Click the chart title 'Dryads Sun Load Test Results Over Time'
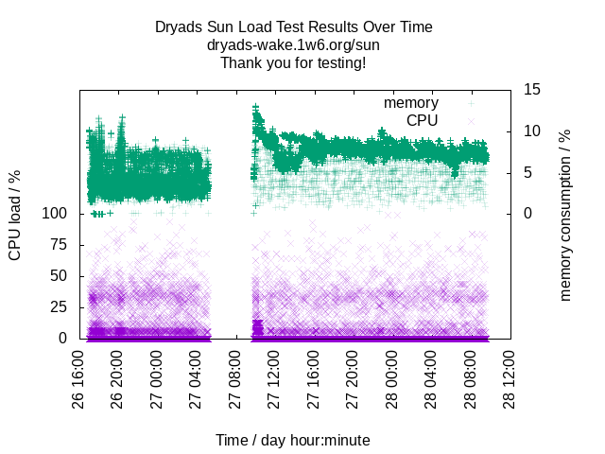tap(293, 27)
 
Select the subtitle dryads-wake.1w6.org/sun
tap(293, 44)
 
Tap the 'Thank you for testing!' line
tap(293, 62)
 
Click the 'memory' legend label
tap(410, 102)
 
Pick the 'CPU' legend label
tap(422, 120)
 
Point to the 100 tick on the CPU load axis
tap(56, 214)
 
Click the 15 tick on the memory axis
tap(532, 90)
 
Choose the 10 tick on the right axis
tap(532, 131)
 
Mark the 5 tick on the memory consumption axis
tap(528, 172)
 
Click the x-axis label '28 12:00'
tap(509, 382)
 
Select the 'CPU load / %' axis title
tap(15, 215)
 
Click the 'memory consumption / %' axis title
tap(566, 215)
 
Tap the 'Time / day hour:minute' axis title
tap(293, 440)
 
